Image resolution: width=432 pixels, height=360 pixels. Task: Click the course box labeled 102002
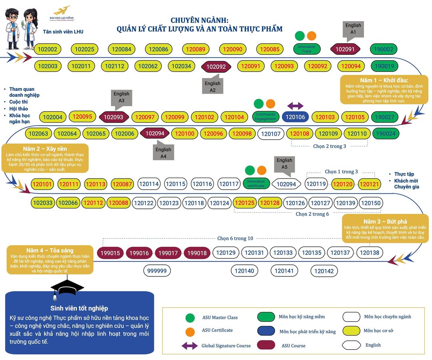[48, 50]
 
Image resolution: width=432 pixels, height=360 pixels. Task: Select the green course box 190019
[384, 66]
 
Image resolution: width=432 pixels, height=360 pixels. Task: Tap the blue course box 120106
[295, 117]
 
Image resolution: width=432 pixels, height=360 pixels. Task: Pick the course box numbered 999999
[157, 271]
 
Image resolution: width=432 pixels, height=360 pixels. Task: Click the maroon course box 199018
[197, 253]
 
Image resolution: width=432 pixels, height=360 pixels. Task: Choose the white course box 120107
[271, 134]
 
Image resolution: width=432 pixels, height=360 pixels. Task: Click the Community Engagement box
[265, 117]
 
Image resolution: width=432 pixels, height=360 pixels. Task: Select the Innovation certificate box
[256, 184]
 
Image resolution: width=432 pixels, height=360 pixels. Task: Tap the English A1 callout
[353, 29]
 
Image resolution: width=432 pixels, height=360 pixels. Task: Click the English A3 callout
[121, 97]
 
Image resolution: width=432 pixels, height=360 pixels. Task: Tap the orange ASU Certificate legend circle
[190, 332]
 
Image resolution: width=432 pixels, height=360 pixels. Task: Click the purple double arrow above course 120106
[295, 106]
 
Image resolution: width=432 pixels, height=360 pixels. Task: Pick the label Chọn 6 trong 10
[235, 238]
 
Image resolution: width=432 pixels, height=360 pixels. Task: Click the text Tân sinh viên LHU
[63, 32]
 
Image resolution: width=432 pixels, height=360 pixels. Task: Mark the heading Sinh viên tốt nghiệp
[79, 308]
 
